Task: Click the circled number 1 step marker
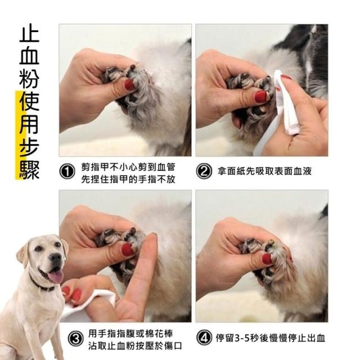pyautogui.click(x=67, y=172)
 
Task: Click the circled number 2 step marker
pyautogui.click(x=204, y=171)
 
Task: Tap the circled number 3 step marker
pyautogui.click(x=75, y=339)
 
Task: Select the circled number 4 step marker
pyautogui.click(x=204, y=337)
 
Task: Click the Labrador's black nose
pyautogui.click(x=56, y=258)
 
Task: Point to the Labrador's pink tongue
pyautogui.click(x=56, y=276)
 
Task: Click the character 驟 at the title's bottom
pyautogui.click(x=29, y=169)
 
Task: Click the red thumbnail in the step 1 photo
pyautogui.click(x=130, y=85)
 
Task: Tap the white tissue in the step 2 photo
pyautogui.click(x=286, y=103)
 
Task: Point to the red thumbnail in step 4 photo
pyautogui.click(x=267, y=259)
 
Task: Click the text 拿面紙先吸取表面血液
pyautogui.click(x=264, y=171)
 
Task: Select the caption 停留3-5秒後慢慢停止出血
pyautogui.click(x=271, y=338)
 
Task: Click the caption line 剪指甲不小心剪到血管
pyautogui.click(x=128, y=167)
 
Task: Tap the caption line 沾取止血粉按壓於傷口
pyautogui.click(x=135, y=345)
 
